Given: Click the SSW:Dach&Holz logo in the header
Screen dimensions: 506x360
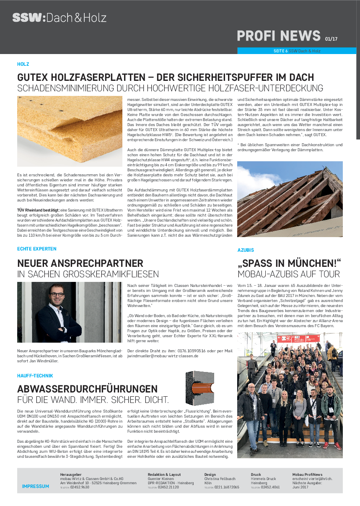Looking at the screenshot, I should click(59, 18).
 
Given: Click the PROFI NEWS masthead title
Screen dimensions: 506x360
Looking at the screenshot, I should click(279, 36).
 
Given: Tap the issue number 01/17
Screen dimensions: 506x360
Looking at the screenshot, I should click(331, 39).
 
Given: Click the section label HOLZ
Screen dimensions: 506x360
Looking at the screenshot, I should click(23, 64).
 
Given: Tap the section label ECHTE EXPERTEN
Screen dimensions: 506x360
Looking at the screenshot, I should click(37, 249).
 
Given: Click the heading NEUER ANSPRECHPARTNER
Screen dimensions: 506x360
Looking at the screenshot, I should click(80, 263).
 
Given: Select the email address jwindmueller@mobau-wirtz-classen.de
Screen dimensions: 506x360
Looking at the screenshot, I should click(163, 356).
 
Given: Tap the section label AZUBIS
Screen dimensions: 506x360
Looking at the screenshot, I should click(246, 250).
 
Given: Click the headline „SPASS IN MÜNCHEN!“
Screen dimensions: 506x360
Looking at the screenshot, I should click(289, 263).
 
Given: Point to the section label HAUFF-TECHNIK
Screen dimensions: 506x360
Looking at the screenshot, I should click(35, 376).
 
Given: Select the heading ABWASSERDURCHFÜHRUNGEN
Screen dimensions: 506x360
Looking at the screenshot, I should click(87, 389).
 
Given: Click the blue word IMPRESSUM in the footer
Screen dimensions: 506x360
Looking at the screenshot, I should click(36, 486).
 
